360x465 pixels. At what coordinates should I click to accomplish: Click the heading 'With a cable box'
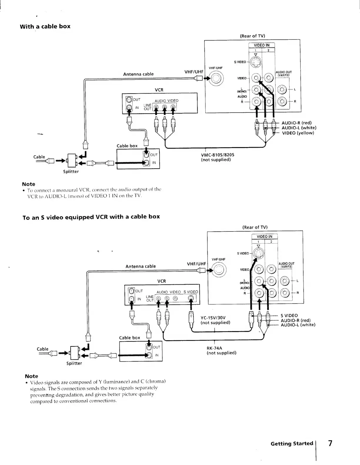pyautogui.click(x=45, y=26)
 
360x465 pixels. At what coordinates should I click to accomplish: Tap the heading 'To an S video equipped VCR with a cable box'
pyautogui.click(x=91, y=217)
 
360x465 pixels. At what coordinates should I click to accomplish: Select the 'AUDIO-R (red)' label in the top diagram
pyautogui.click(x=296, y=123)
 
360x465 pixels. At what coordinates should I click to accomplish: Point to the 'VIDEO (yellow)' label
pyautogui.click(x=298, y=133)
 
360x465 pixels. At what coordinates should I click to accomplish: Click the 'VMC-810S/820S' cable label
pyautogui.click(x=218, y=155)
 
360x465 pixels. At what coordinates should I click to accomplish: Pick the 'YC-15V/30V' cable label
pyautogui.click(x=213, y=318)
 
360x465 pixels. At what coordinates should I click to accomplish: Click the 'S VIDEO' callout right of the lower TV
pyautogui.click(x=289, y=316)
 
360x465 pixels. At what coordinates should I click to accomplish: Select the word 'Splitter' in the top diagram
pyautogui.click(x=71, y=171)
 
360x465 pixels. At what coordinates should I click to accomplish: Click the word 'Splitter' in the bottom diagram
pyautogui.click(x=74, y=363)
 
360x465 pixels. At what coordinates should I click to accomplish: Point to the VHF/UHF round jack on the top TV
pyautogui.click(x=216, y=79)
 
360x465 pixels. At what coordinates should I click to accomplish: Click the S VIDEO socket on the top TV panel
pyautogui.click(x=255, y=62)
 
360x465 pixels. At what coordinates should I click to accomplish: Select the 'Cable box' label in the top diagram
pyautogui.click(x=127, y=146)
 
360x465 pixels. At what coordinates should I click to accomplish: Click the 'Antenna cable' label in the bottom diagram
pyautogui.click(x=141, y=266)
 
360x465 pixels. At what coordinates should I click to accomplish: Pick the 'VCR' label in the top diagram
pyautogui.click(x=159, y=90)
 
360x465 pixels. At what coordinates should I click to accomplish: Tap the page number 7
pyautogui.click(x=330, y=443)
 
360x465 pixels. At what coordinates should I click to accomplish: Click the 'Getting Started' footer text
pyautogui.click(x=292, y=443)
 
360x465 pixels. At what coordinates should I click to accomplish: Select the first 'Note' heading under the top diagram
pyautogui.click(x=29, y=184)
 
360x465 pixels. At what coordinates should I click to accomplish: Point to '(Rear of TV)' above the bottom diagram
pyautogui.click(x=255, y=227)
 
